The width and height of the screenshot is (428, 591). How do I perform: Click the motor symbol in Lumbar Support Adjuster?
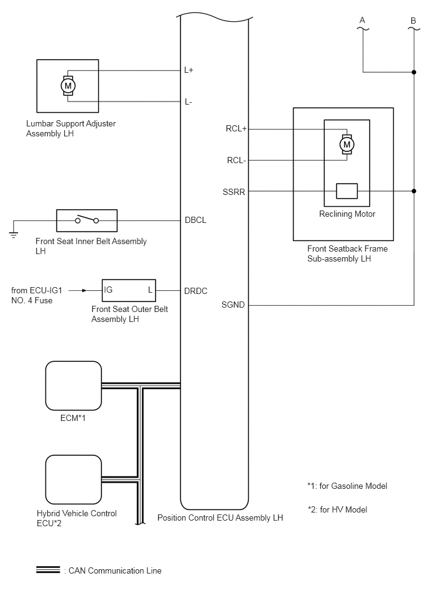(68, 85)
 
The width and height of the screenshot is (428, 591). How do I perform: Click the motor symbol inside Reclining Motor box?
(347, 144)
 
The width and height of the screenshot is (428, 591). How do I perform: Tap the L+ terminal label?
(188, 70)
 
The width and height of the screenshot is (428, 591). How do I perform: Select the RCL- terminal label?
(236, 161)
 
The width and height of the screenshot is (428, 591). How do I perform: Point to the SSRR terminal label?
(234, 192)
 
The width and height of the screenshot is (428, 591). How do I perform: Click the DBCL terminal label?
(195, 220)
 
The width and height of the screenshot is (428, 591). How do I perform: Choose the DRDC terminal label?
(196, 291)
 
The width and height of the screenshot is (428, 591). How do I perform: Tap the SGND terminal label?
(233, 305)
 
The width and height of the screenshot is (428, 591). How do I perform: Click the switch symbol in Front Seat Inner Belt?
(87, 219)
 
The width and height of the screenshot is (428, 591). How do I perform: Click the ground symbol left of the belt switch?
(14, 235)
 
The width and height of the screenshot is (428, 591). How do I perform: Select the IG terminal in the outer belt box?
(108, 290)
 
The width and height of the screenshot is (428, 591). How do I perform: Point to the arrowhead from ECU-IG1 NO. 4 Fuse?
(85, 291)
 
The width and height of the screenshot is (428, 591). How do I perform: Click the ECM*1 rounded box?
(73, 385)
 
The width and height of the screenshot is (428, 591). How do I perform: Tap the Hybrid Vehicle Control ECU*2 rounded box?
(73, 480)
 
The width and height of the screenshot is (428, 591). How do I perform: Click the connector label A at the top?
(362, 20)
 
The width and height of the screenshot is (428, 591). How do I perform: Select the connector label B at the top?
(413, 21)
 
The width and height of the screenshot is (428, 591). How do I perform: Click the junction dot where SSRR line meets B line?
(414, 191)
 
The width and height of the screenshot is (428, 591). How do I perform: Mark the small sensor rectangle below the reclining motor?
(347, 191)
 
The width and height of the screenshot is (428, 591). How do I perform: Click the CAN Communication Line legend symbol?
(48, 570)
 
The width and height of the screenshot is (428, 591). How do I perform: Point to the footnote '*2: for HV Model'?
(337, 509)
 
